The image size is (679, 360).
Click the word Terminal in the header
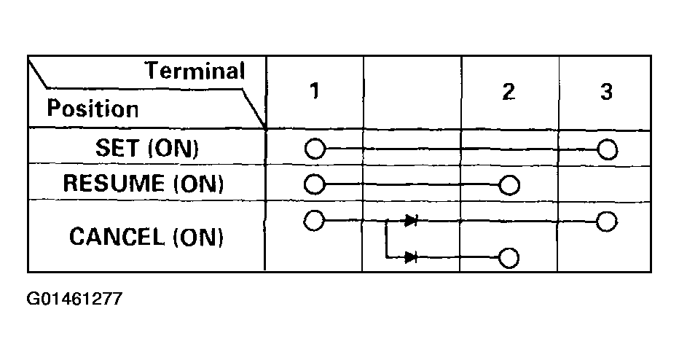(195, 71)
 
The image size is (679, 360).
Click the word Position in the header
(93, 109)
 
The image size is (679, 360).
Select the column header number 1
(314, 92)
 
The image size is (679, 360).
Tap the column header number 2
(509, 92)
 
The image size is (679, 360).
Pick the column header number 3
(606, 92)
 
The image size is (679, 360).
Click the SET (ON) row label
(146, 147)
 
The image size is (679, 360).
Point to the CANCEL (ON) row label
(146, 236)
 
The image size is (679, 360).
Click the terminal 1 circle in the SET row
(314, 149)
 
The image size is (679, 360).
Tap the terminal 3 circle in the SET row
(607, 150)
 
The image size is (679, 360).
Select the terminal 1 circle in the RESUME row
(314, 184)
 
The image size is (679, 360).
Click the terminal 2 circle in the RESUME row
(509, 185)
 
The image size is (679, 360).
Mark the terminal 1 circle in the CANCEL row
(314, 219)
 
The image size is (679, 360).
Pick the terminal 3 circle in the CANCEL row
(607, 221)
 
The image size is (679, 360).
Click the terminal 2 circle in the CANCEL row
(509, 257)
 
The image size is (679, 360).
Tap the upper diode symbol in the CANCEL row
(410, 220)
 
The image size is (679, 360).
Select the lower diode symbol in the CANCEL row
(410, 257)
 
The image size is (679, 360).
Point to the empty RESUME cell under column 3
(604, 182)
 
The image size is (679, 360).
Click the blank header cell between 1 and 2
(412, 92)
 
